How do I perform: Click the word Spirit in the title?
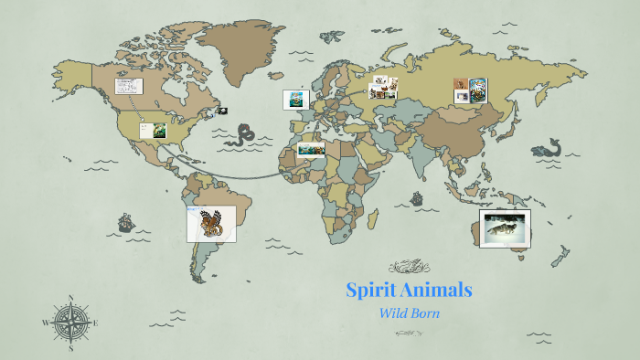point(370,291)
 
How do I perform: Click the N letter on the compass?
point(71,297)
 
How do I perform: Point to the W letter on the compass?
point(46,323)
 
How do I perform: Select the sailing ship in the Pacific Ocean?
point(125,222)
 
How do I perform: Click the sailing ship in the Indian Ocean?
point(418,197)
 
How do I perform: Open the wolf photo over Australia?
point(505,228)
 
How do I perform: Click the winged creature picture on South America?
point(211,224)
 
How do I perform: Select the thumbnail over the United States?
point(153,131)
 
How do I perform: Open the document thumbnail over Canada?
point(128,88)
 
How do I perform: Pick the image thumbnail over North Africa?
point(312,150)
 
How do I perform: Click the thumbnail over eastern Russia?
point(471,90)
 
